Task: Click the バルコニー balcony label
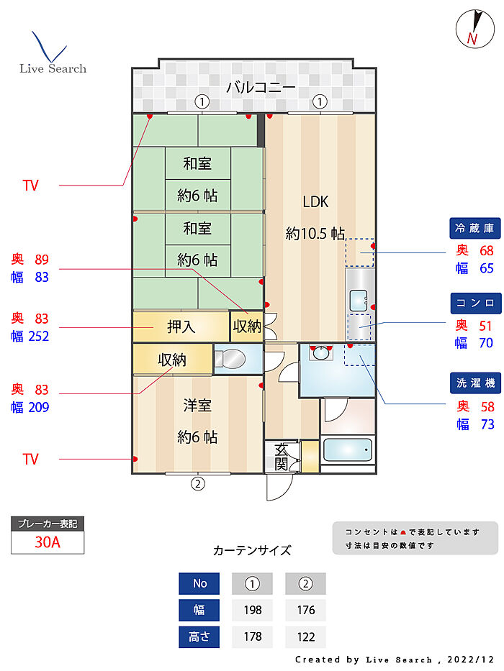(261, 88)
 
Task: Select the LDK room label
(315, 202)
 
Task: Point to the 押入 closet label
(181, 327)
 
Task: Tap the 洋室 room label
(197, 406)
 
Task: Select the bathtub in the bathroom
(348, 451)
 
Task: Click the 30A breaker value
(48, 542)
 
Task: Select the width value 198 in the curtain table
(252, 611)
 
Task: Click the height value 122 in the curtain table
(305, 637)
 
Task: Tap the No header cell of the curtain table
(199, 584)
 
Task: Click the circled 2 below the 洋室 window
(197, 483)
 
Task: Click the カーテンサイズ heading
(252, 551)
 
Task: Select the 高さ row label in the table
(199, 637)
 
